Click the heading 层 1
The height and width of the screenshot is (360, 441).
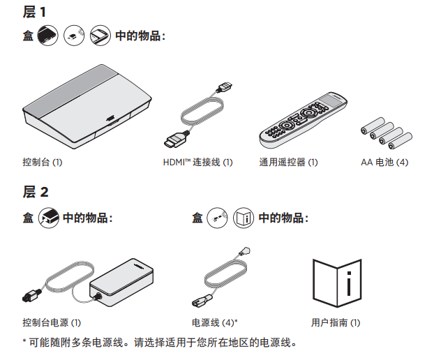pos(34,12)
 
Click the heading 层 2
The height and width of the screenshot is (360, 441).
pos(36,192)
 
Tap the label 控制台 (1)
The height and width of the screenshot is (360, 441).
pos(42,163)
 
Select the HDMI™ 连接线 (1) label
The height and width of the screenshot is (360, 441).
pos(197,163)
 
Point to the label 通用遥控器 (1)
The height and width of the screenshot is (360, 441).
pos(288,163)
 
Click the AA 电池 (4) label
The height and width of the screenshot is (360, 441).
pos(384,163)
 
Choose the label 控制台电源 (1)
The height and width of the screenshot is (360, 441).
pos(52,322)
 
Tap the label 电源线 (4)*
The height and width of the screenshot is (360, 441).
pos(215,322)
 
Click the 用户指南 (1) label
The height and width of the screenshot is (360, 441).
pos(336,322)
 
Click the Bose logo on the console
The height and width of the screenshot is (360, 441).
pos(110,118)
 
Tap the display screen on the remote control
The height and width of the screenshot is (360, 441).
pos(330,100)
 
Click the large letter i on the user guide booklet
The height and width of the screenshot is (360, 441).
pos(349,283)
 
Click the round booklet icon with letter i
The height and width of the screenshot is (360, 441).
pos(244,218)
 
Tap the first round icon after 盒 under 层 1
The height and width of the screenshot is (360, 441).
pos(48,36)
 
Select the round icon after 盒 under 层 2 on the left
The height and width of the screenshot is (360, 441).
pos(49,218)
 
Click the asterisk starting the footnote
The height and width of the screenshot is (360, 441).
pos(24,341)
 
